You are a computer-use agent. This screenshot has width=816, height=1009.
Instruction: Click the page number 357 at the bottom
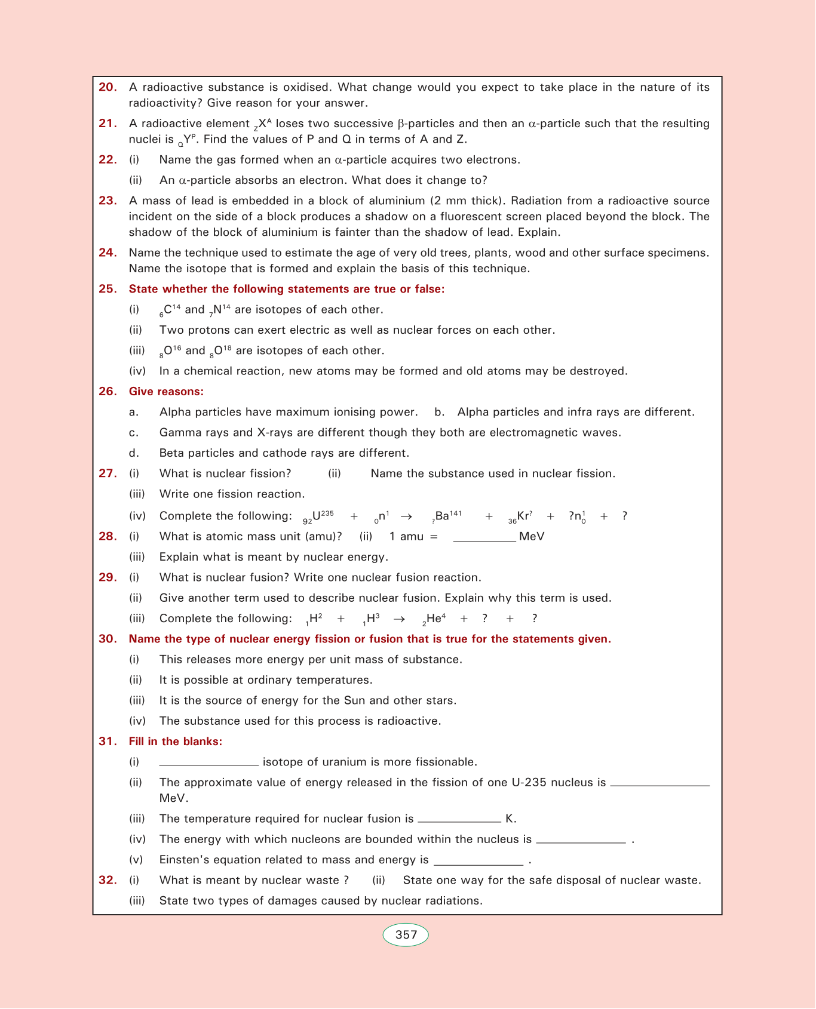pos(406,935)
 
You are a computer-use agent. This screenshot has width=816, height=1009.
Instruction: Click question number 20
pos(108,87)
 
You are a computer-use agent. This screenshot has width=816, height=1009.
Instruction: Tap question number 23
pos(108,201)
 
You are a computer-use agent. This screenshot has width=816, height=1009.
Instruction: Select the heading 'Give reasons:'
pos(166,392)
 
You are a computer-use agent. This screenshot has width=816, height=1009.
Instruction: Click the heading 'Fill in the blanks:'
pos(176,742)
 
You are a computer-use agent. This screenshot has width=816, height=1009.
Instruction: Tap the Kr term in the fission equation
pos(521,516)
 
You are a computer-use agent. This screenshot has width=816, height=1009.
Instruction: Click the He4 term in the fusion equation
pos(434,619)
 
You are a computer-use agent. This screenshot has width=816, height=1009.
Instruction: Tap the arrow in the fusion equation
pos(399,619)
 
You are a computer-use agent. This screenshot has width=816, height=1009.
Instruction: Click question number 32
pos(108,880)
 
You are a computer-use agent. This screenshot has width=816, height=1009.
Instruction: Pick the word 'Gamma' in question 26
pos(176,433)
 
